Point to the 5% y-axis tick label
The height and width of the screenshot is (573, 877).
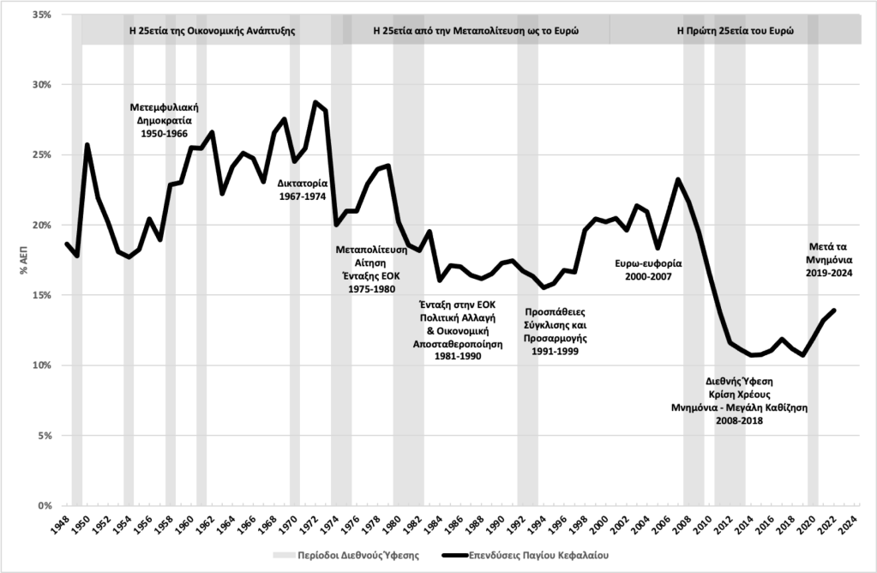pos(43,436)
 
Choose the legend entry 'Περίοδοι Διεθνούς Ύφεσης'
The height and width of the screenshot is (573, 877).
pos(358,555)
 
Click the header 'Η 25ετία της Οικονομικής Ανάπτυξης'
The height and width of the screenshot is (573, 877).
pos(212,28)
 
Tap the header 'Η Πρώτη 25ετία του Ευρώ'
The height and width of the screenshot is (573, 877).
pos(735,28)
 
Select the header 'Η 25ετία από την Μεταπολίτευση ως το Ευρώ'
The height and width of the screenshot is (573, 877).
pos(476,28)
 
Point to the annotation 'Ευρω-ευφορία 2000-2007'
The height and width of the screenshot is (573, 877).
pos(649,270)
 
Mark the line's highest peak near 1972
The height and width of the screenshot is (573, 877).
pos(315,102)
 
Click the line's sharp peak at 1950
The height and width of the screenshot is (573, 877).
pos(87,144)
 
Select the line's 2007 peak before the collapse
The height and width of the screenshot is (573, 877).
pos(678,179)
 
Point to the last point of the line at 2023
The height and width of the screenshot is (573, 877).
pos(834,310)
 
